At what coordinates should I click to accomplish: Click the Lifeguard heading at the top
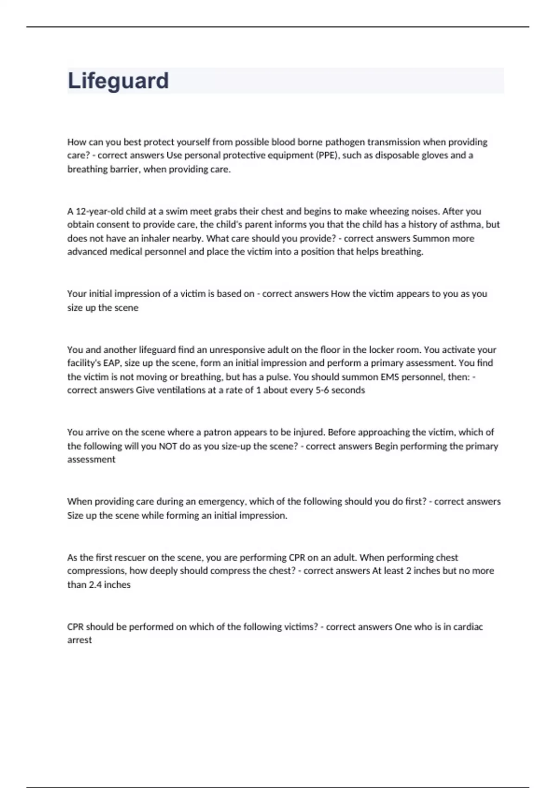(x=118, y=81)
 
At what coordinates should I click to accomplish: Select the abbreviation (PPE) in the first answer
(x=328, y=155)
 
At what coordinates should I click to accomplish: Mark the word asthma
(x=466, y=225)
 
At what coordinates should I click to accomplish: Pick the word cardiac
(x=468, y=627)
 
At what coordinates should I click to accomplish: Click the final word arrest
(x=80, y=640)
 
